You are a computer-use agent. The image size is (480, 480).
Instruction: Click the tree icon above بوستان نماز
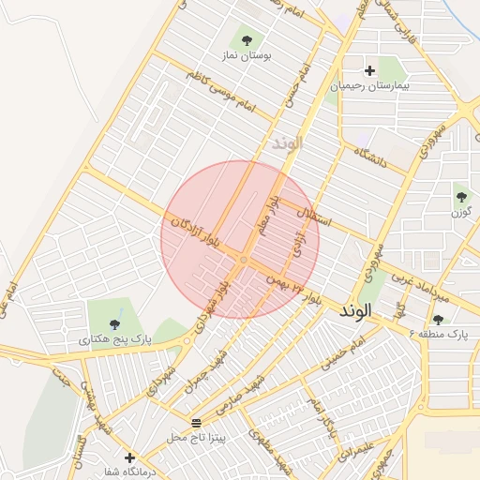click(x=247, y=40)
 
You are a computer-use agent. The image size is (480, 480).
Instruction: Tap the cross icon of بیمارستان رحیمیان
click(x=369, y=70)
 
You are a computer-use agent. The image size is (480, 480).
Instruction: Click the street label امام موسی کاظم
click(x=221, y=90)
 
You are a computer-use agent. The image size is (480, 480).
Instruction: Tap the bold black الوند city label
click(x=356, y=309)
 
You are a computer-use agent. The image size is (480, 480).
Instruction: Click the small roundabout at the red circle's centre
click(x=243, y=259)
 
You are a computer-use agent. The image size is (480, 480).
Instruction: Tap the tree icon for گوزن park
click(x=461, y=196)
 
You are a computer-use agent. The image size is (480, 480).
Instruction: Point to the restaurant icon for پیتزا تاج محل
click(x=195, y=423)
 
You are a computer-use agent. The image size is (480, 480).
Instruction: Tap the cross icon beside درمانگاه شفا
click(x=129, y=457)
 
